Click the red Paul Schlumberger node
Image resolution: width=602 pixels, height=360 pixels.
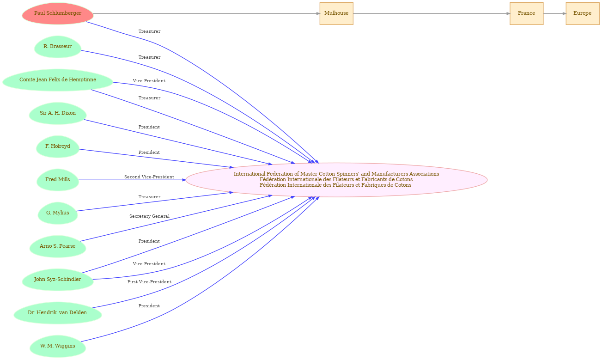pos(58,13)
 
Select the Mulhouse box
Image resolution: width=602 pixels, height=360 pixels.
pos(336,13)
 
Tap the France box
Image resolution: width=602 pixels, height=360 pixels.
pos(527,13)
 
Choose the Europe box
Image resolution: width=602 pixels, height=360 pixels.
pos(583,13)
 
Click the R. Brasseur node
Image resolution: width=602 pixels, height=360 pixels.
pos(58,47)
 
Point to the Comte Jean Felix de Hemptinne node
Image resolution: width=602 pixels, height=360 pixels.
pos(58,80)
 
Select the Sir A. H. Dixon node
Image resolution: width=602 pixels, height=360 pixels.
pos(58,113)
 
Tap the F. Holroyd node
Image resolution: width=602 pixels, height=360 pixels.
pos(58,146)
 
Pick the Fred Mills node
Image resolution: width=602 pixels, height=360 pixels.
pos(58,180)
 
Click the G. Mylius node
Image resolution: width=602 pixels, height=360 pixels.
pos(58,213)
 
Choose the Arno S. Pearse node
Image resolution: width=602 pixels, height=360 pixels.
pos(58,246)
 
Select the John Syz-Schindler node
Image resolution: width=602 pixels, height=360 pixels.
pos(58,280)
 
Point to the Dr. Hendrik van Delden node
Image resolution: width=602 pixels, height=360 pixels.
pos(58,313)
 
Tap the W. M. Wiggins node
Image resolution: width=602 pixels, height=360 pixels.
pos(58,346)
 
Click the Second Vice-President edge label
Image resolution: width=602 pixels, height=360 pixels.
pos(149,177)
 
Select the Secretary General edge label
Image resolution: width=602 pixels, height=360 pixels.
pos(149,216)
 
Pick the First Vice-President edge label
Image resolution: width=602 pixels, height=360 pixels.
pos(149,282)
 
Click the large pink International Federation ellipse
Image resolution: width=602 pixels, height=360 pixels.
pos(336,180)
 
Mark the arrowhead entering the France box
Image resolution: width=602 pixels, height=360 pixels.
pos(508,13)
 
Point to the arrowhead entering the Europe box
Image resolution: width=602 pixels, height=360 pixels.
pos(564,13)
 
